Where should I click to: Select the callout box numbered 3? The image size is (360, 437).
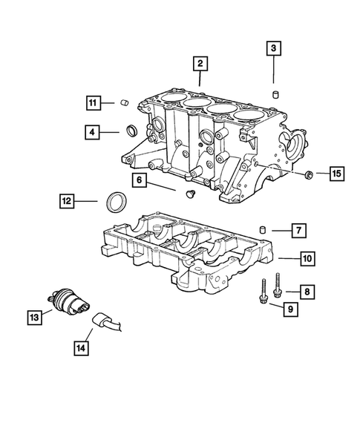click(274, 49)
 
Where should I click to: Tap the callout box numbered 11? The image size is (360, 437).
click(93, 102)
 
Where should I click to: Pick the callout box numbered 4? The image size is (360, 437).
click(93, 133)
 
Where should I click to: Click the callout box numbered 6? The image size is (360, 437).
click(139, 180)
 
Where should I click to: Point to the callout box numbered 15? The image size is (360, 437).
click(336, 174)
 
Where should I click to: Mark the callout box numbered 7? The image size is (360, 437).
click(295, 231)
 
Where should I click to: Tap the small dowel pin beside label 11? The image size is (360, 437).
click(125, 102)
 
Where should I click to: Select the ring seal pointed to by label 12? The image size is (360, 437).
click(118, 201)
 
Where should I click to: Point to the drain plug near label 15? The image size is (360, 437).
click(307, 174)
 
